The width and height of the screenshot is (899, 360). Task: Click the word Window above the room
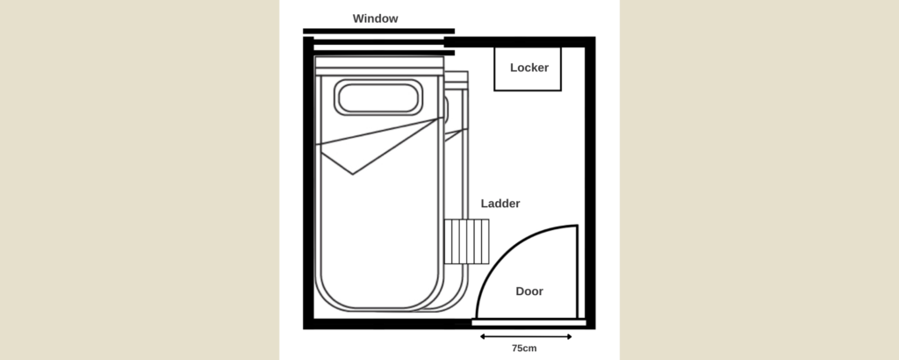[x=375, y=18]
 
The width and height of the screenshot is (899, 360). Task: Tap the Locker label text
[x=529, y=68]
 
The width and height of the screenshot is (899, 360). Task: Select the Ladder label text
[x=500, y=204]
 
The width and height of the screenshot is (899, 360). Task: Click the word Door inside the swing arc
[x=529, y=292]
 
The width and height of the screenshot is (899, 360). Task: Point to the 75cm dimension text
[x=524, y=348]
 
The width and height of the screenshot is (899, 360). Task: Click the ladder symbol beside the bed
[x=467, y=241]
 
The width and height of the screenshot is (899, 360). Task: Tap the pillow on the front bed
[x=378, y=97]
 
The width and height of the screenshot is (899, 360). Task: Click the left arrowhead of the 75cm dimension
[x=483, y=336]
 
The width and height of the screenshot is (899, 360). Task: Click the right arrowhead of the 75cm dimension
[x=569, y=336]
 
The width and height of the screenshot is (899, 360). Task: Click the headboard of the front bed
[x=379, y=66]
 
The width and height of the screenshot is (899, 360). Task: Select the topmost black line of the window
[x=378, y=31]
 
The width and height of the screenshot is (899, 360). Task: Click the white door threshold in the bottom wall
[x=529, y=323]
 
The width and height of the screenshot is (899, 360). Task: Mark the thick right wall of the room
[x=590, y=183]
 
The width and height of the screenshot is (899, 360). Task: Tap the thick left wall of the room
[x=308, y=183]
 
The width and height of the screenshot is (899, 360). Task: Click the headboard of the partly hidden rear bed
[x=457, y=80]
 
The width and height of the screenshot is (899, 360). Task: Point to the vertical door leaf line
[x=577, y=271]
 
